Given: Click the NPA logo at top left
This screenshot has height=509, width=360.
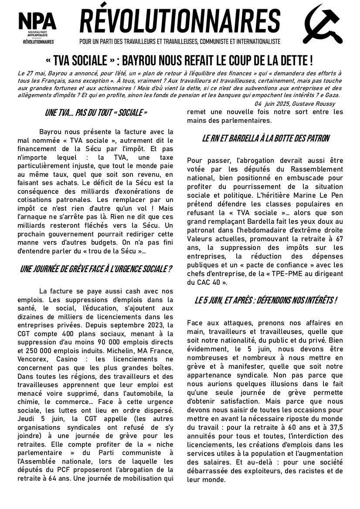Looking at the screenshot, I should [37, 27].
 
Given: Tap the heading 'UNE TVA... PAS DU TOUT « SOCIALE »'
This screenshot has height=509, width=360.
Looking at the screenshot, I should [96, 113].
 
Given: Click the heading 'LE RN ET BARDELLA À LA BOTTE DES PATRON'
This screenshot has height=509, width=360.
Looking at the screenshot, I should [265, 138].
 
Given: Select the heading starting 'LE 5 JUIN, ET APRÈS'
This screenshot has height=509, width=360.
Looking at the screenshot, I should [265, 300].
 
